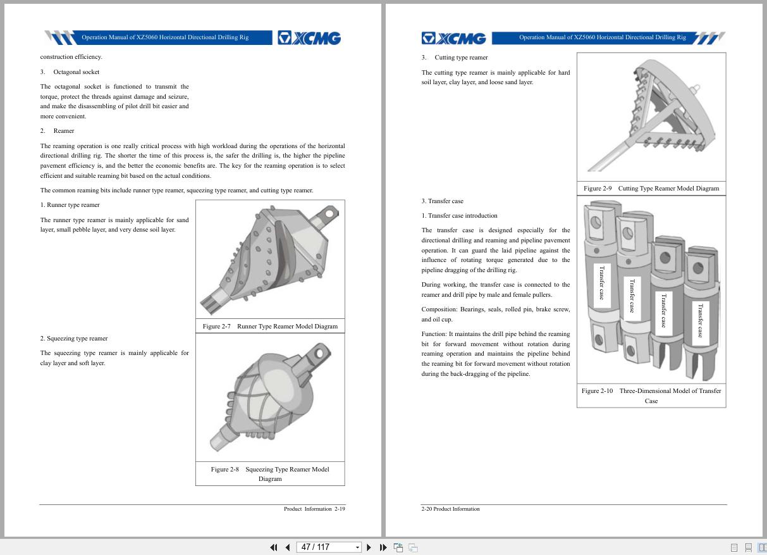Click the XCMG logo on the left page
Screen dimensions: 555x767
tap(309, 38)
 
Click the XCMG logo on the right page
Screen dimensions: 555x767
tap(454, 38)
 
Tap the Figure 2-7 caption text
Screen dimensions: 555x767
tap(270, 327)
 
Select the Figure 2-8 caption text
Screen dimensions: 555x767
tap(270, 474)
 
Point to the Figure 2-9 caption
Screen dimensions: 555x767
tap(651, 189)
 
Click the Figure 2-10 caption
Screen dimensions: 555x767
tap(651, 396)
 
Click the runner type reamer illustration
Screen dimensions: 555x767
tap(270, 259)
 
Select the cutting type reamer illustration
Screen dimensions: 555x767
tap(651, 117)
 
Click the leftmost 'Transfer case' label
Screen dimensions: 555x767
tap(602, 283)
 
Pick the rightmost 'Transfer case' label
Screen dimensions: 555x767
tap(700, 320)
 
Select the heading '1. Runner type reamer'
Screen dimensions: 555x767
tap(70, 205)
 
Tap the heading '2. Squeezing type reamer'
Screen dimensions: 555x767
tap(74, 339)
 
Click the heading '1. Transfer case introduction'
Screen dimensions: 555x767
tap(460, 216)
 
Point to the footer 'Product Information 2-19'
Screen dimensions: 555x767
tap(314, 509)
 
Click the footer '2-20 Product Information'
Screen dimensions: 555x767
tap(451, 509)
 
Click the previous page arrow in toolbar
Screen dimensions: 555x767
tap(288, 547)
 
